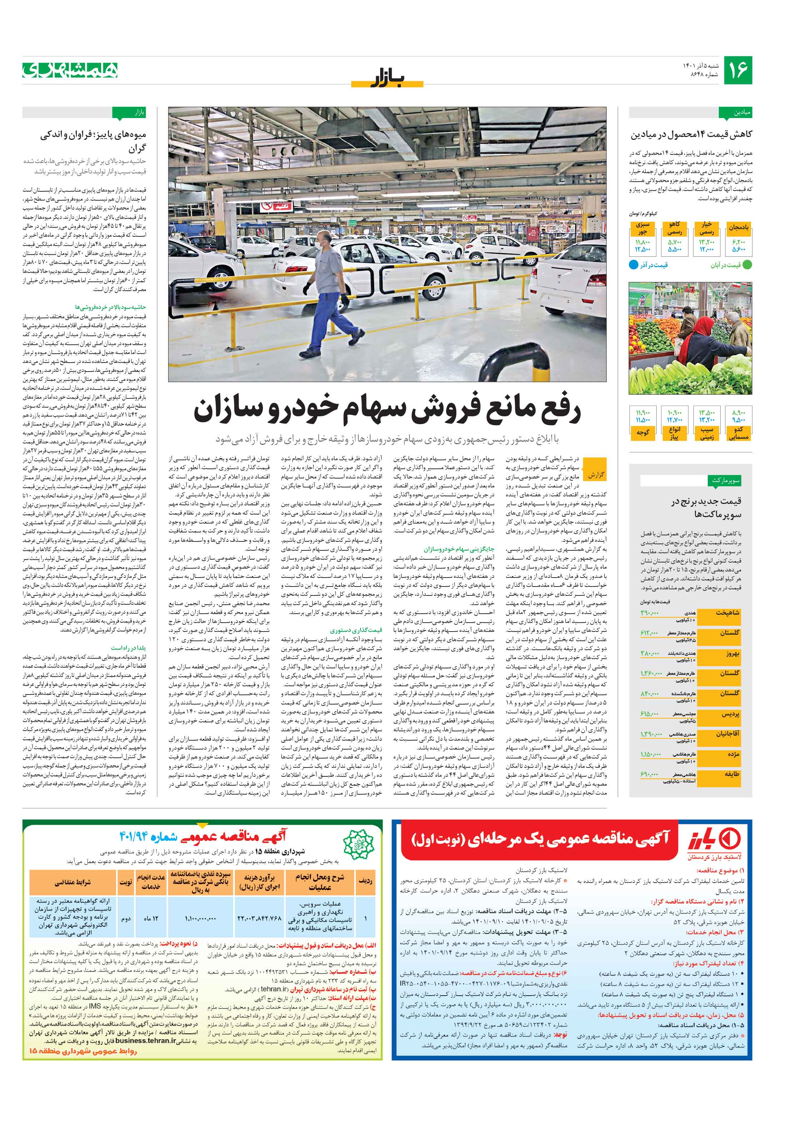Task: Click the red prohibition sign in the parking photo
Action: (x=267, y=207)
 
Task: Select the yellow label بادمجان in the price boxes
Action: (x=738, y=228)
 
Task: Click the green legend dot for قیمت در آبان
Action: (x=747, y=265)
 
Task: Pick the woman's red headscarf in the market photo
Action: (x=703, y=327)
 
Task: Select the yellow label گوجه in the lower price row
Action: (x=643, y=432)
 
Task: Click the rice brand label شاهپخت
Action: (x=728, y=612)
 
